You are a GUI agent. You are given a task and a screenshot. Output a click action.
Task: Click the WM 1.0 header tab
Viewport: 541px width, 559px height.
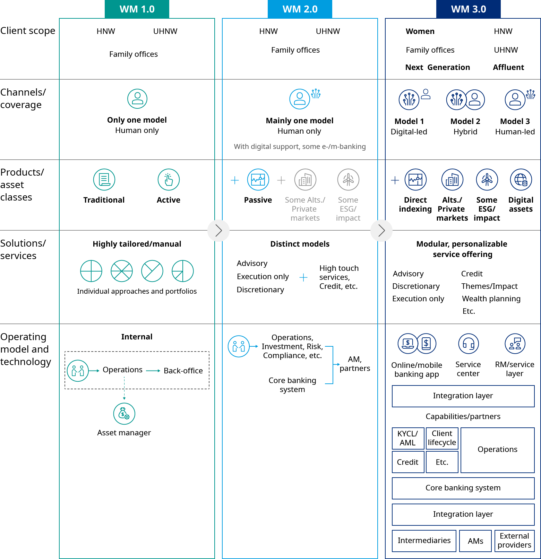(137, 9)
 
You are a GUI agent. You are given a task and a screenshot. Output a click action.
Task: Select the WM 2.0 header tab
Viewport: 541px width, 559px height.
(300, 9)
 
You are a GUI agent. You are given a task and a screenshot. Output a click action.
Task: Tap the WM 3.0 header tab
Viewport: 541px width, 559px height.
(468, 9)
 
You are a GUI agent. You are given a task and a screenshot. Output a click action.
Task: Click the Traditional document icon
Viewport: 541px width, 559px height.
(104, 179)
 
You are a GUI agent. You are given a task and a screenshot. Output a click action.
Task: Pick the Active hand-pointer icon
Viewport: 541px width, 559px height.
(169, 179)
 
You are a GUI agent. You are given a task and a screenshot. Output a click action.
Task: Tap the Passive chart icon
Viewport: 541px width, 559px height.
(258, 179)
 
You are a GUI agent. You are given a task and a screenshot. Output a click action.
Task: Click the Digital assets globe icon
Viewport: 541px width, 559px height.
(521, 179)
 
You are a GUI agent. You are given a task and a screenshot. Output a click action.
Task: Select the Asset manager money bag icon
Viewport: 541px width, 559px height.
(124, 414)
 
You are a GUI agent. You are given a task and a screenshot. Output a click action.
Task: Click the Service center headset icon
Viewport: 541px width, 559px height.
(468, 344)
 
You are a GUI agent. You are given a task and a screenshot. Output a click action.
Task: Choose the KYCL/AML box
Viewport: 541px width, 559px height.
(408, 438)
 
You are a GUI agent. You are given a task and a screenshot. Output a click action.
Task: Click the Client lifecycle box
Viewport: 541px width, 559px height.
(442, 438)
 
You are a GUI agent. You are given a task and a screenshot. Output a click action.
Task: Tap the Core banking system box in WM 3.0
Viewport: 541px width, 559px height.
(463, 488)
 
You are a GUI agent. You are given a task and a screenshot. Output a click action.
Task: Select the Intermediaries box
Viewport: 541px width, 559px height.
(424, 541)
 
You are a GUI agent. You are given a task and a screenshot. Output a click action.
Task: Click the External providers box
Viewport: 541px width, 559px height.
(514, 541)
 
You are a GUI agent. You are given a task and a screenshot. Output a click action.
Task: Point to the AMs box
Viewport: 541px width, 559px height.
(475, 541)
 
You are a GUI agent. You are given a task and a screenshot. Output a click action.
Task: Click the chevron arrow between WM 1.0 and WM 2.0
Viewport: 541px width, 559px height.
(218, 230)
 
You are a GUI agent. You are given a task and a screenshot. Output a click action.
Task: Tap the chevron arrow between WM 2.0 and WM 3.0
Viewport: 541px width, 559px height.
(381, 230)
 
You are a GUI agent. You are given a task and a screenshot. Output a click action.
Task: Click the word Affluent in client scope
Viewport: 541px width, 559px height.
(508, 67)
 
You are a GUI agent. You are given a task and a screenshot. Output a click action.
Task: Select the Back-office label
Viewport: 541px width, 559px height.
(183, 371)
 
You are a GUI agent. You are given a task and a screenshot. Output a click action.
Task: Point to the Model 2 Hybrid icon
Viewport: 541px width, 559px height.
(465, 100)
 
